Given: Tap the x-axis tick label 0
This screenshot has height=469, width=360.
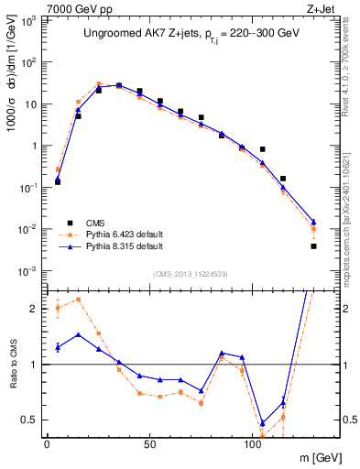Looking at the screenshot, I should coord(47,442).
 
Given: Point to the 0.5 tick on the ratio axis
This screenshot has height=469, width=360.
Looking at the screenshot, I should coord(31,420).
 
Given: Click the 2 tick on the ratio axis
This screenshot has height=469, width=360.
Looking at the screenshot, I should coord(36,309).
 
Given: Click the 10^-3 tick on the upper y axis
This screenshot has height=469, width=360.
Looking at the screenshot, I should coord(27,271).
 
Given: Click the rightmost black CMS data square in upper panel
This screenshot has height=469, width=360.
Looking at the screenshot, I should coord(313,245).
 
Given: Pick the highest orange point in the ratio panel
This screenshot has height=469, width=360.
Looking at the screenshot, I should coord(78,300).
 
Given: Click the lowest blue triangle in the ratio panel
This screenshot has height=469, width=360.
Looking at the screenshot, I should coord(262,423).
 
